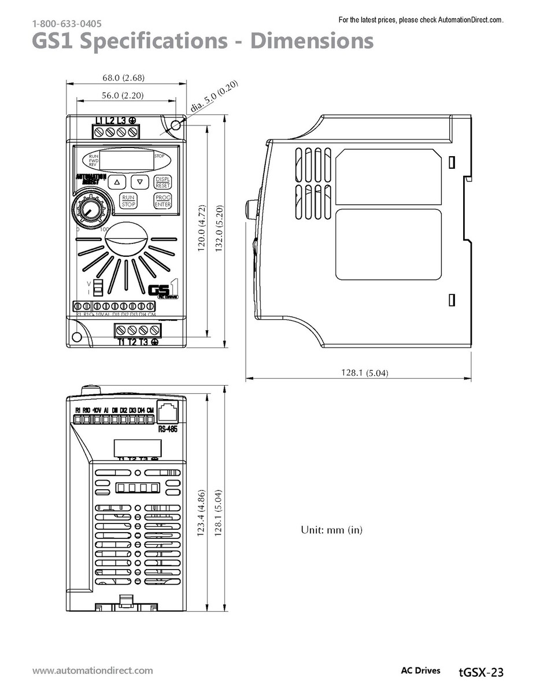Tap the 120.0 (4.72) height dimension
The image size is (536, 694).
[201, 229]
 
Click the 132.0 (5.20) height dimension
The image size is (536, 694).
[218, 229]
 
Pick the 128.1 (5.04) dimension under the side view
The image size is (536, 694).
[364, 373]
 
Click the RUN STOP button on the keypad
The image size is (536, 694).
[128, 201]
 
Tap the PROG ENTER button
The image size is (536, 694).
[163, 201]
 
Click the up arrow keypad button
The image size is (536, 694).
[117, 182]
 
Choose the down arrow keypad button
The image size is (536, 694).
[140, 182]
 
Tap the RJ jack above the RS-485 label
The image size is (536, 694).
[167, 412]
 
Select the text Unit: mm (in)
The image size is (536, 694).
[332, 530]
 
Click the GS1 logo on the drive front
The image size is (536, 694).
[163, 290]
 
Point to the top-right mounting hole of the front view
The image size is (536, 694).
[177, 124]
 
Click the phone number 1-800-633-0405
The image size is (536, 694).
[67, 24]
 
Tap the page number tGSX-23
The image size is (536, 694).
[480, 671]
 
